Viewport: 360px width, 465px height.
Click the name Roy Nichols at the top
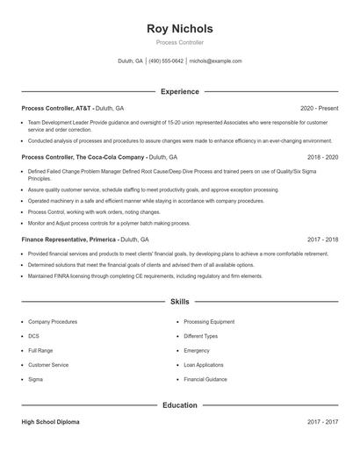tap(179, 29)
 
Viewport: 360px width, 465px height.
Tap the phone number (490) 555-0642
tap(166, 61)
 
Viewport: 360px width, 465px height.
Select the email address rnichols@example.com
tap(215, 61)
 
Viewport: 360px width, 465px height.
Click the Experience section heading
tap(179, 91)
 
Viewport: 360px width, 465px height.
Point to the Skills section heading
tap(179, 301)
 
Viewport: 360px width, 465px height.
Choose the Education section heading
tap(179, 405)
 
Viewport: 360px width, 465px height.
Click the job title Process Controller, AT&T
tap(56, 108)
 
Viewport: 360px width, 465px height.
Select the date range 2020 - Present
tap(319, 108)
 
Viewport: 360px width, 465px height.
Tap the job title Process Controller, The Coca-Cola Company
tap(83, 157)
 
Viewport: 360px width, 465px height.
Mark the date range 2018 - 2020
tap(321, 157)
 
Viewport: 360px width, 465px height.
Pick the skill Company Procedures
tap(53, 322)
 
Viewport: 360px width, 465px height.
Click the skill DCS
tap(33, 336)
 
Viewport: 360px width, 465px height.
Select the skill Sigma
tap(35, 379)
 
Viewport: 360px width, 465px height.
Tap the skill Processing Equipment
tap(209, 322)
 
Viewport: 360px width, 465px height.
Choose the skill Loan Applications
tap(204, 365)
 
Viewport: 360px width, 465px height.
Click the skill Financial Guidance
tap(205, 379)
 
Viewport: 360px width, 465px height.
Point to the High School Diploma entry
tap(50, 422)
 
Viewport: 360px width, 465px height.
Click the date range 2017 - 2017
tap(322, 422)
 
